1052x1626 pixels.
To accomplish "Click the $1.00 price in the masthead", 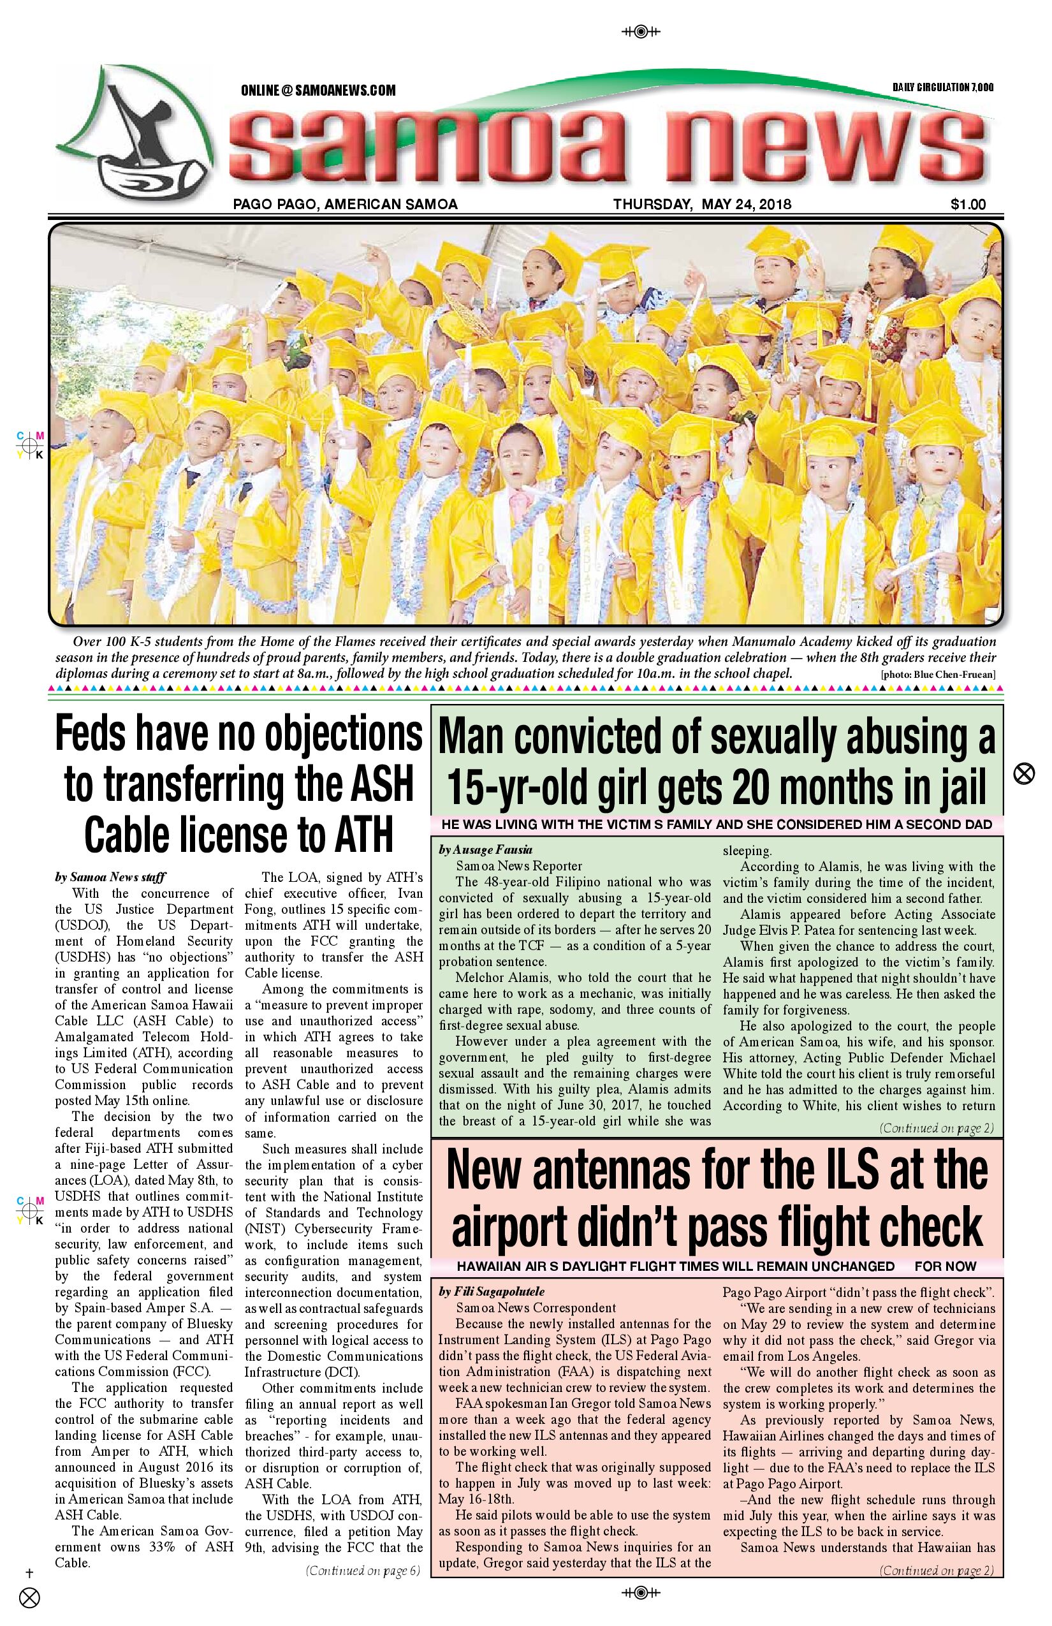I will pyautogui.click(x=967, y=203).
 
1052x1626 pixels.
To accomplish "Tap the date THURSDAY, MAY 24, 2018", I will pyautogui.click(x=701, y=203).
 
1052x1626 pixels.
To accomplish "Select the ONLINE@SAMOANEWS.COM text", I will pyautogui.click(x=318, y=90).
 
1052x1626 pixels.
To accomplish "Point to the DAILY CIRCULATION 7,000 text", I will pyautogui.click(x=943, y=87).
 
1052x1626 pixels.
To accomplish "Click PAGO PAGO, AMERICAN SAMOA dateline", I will pyautogui.click(x=345, y=203).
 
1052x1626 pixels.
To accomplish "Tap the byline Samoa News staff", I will pyautogui.click(x=110, y=877).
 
